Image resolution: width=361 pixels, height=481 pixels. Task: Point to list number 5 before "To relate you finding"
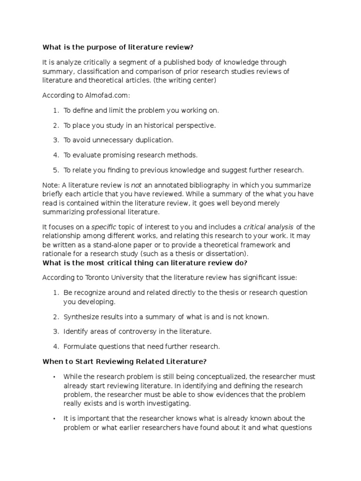click(x=55, y=170)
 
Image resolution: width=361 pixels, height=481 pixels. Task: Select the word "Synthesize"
click(x=80, y=317)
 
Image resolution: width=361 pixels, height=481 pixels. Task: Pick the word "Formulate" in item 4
click(x=79, y=347)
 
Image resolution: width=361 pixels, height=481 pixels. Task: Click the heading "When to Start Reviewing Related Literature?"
click(x=125, y=362)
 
